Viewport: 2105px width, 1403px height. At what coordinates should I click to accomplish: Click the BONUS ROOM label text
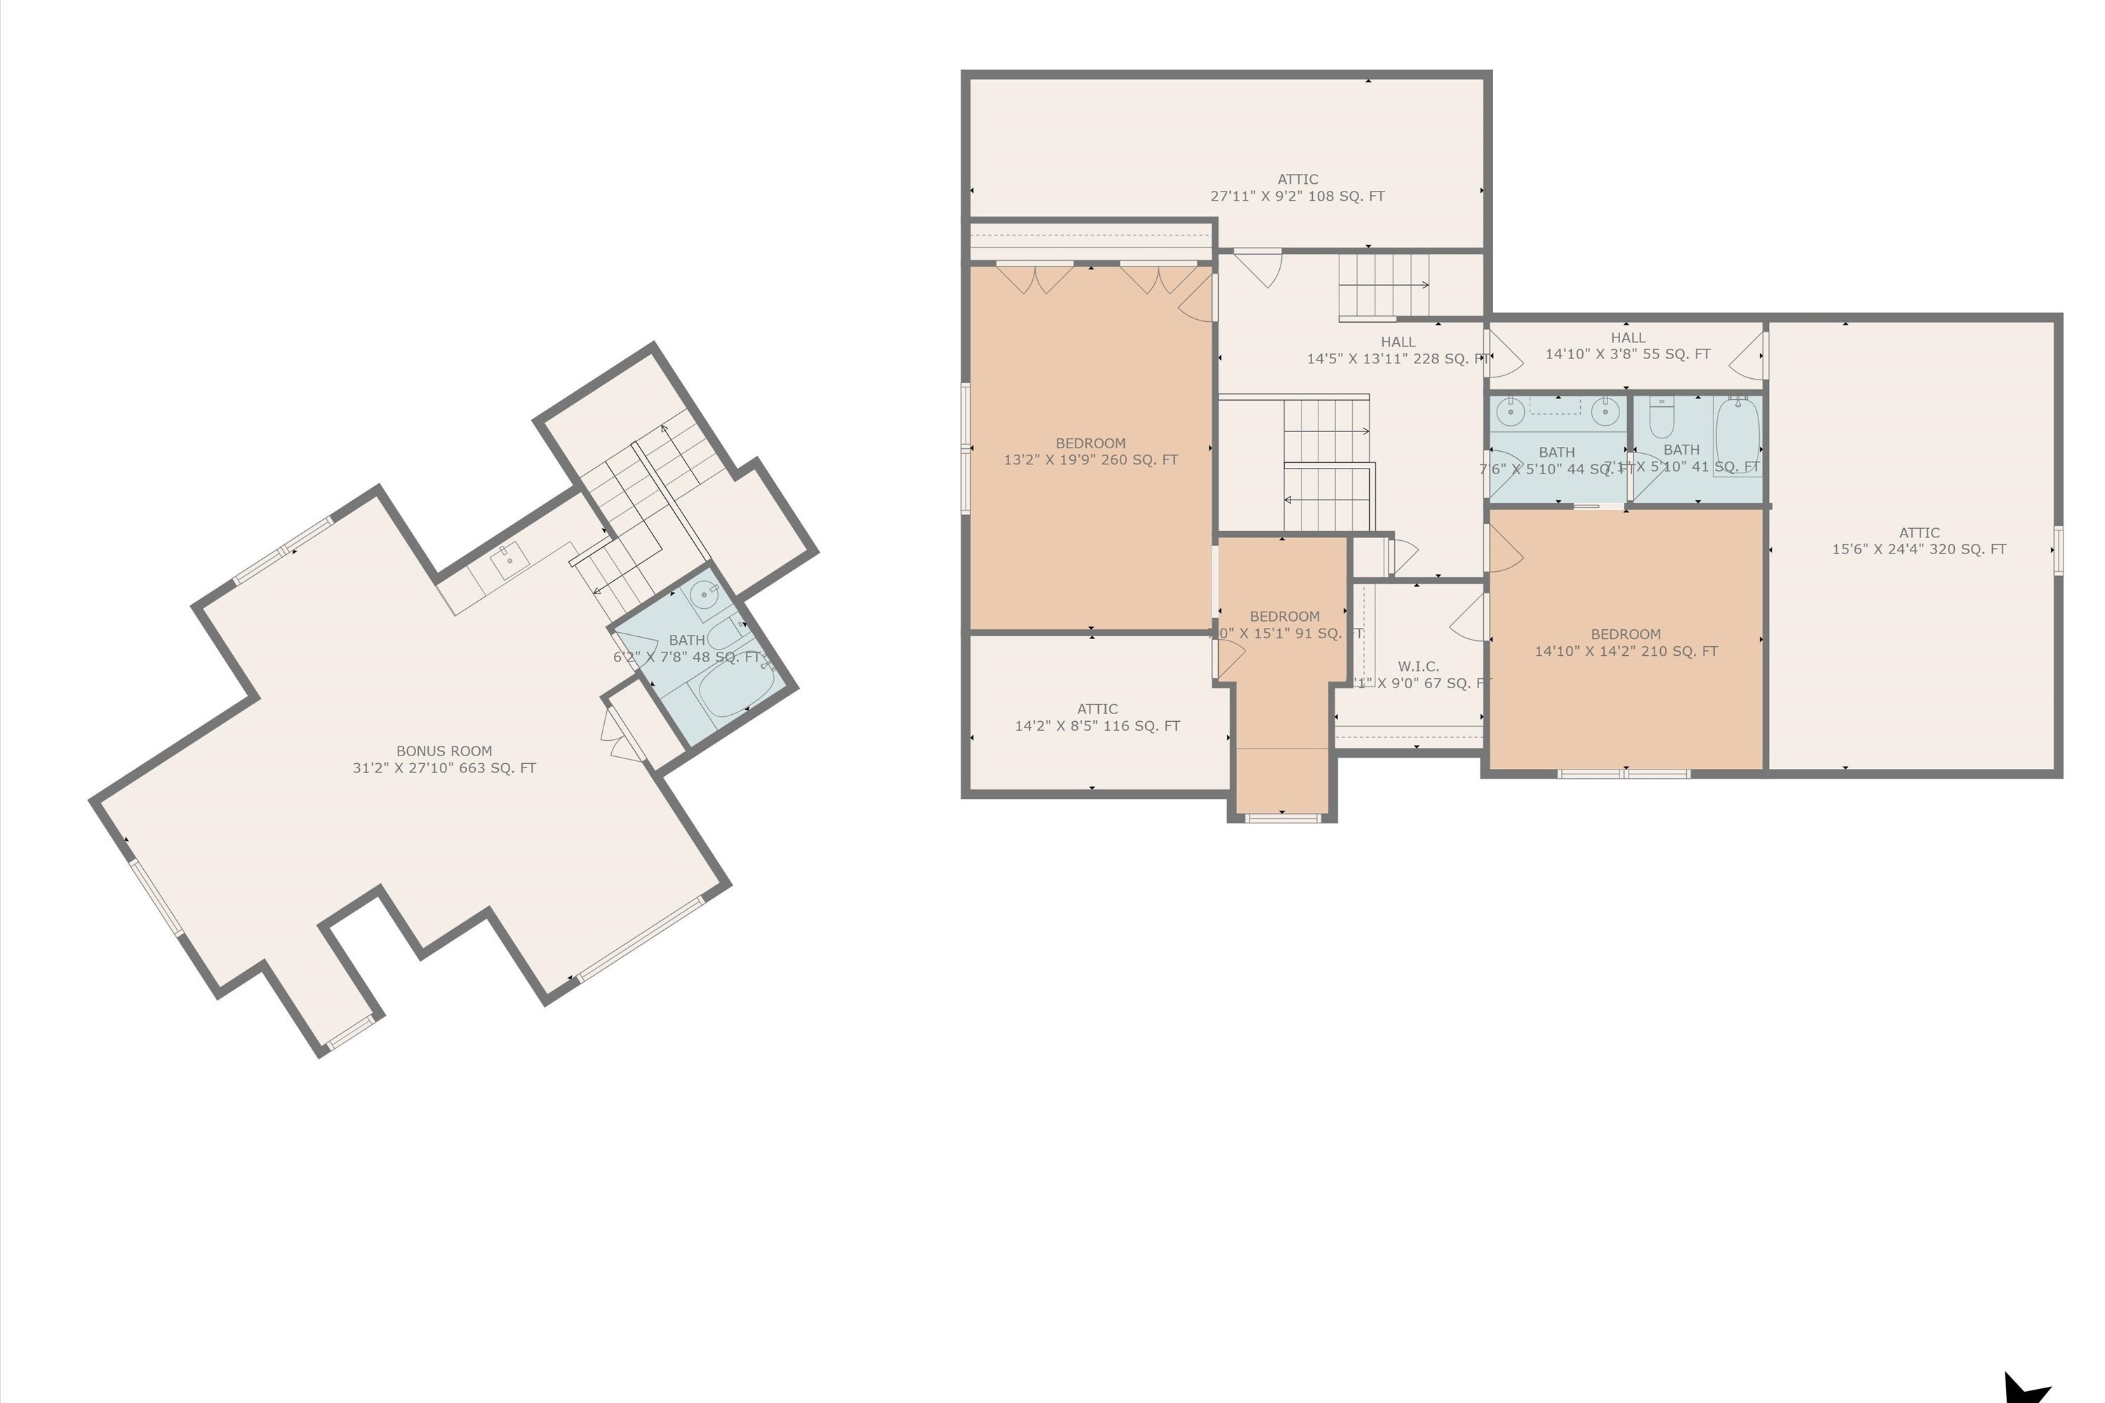444,751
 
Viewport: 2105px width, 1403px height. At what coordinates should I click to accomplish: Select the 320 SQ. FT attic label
1919,549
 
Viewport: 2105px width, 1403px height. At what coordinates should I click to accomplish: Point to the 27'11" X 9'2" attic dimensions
1297,196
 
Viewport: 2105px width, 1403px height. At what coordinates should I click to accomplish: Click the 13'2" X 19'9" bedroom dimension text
1090,460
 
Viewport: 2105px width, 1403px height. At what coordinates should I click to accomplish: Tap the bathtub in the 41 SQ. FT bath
1737,436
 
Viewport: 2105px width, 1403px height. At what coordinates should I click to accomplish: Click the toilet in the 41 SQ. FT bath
1661,416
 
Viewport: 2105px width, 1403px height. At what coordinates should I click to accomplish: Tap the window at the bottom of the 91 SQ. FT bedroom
1282,817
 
